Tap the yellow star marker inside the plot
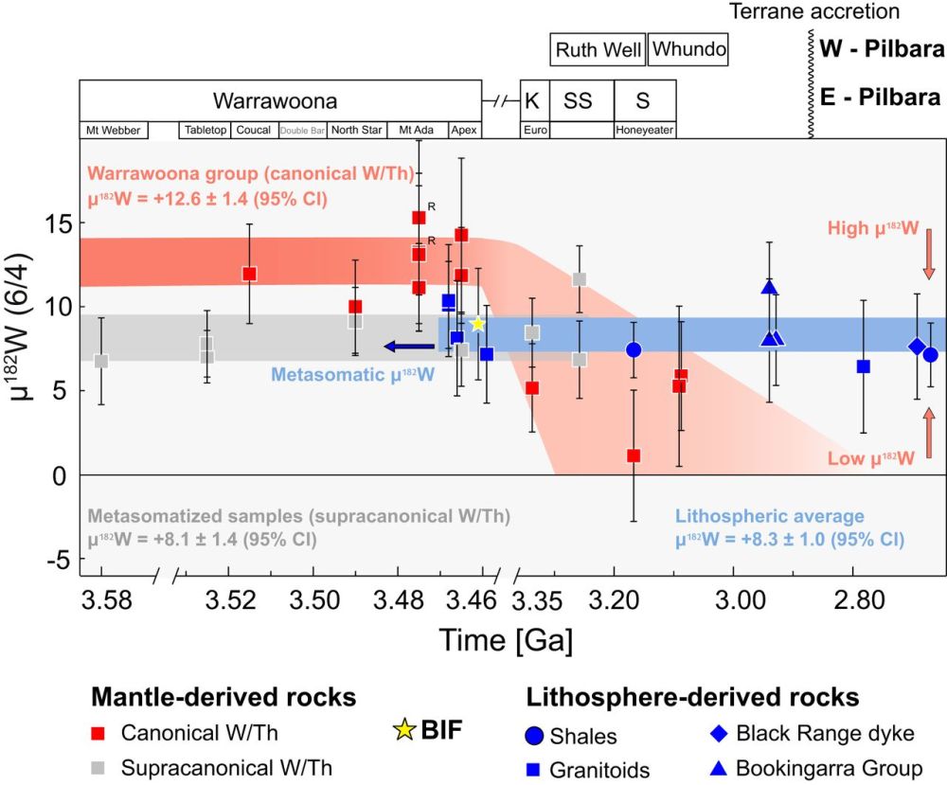pos(478,324)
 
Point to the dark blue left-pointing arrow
pos(408,346)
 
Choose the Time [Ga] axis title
pos(505,640)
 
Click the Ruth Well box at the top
pos(598,49)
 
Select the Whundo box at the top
pos(689,49)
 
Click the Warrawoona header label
pos(275,100)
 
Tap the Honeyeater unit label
pos(645,130)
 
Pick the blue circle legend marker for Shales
pos(535,736)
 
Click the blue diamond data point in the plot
pos(917,347)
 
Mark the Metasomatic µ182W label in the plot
pos(352,374)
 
